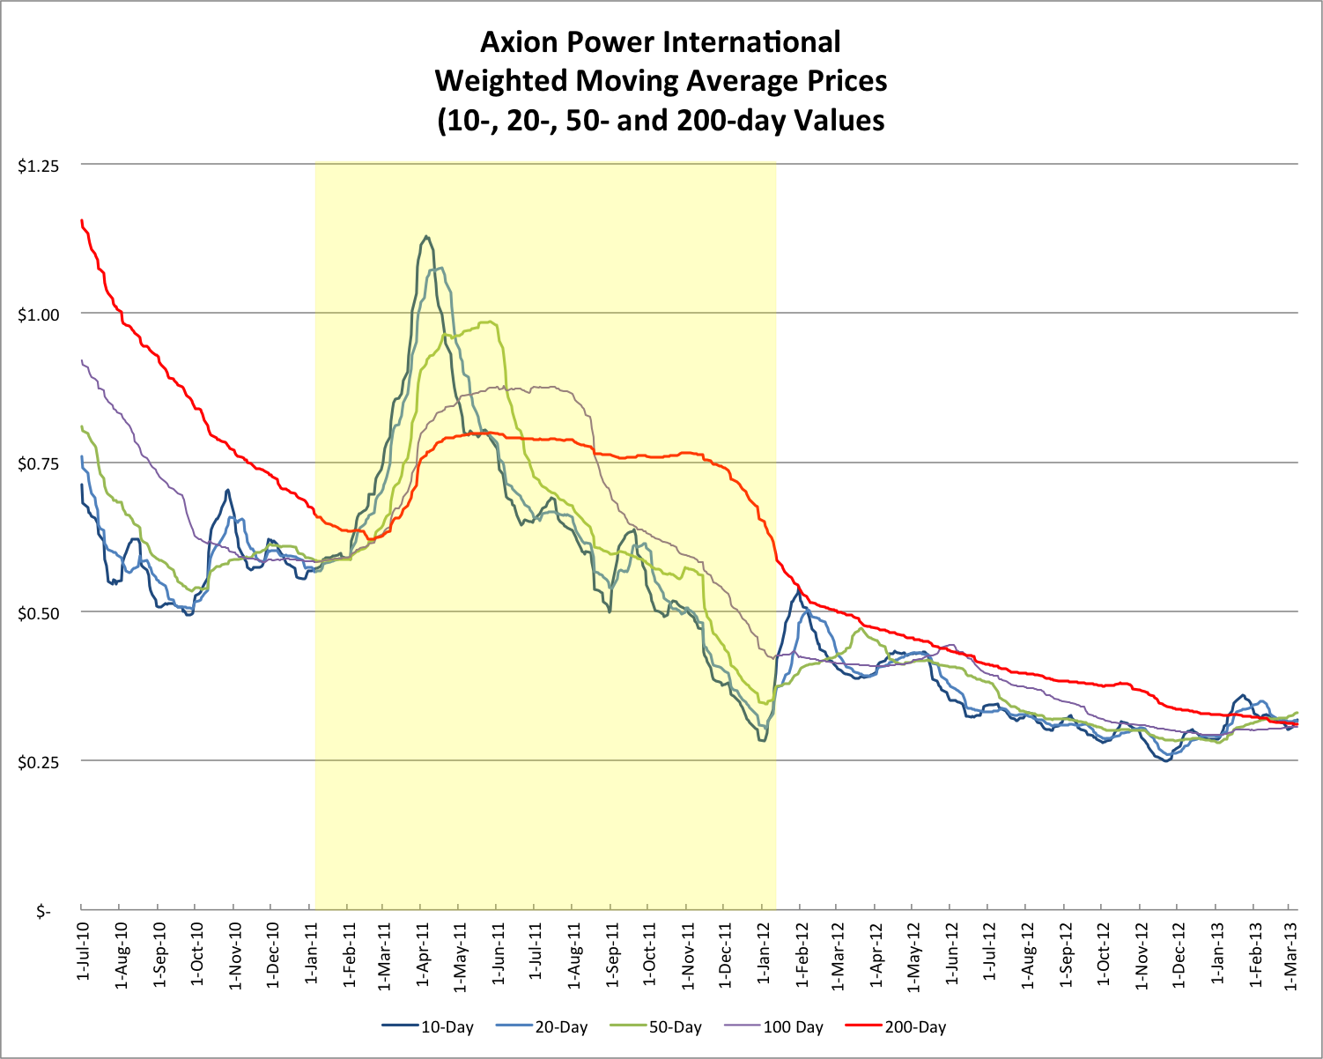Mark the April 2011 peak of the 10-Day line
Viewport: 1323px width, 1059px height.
[x=426, y=236]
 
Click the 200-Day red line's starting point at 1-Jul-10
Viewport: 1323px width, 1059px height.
[x=82, y=220]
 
